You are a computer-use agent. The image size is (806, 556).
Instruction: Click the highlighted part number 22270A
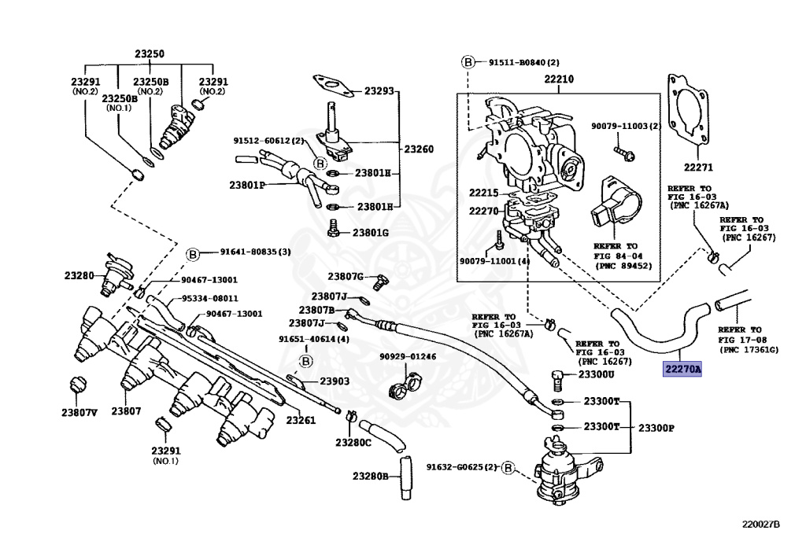click(x=682, y=369)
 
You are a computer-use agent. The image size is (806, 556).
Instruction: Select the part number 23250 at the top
click(x=150, y=54)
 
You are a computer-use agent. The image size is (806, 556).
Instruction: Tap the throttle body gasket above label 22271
click(x=689, y=109)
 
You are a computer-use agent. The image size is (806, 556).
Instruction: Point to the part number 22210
click(x=559, y=79)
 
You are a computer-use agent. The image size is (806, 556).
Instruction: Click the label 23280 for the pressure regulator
click(x=79, y=276)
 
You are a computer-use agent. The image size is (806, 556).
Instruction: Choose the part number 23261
click(x=301, y=420)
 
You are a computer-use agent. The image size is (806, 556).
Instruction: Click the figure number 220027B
click(x=761, y=525)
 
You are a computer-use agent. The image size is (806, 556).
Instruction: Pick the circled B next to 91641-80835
click(x=192, y=254)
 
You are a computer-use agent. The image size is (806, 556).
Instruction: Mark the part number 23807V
click(x=79, y=412)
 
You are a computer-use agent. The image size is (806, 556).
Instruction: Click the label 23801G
click(x=370, y=233)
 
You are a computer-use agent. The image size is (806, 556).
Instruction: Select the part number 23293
click(x=379, y=91)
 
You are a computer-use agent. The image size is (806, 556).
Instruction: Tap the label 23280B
click(x=370, y=476)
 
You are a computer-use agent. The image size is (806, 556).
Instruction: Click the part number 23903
click(x=335, y=381)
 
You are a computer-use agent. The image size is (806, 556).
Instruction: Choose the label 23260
click(x=419, y=149)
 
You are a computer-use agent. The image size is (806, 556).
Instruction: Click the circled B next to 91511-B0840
click(x=468, y=62)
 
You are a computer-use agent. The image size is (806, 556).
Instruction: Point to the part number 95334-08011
click(x=209, y=298)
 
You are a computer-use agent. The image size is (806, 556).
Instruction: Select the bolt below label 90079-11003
click(x=624, y=153)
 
